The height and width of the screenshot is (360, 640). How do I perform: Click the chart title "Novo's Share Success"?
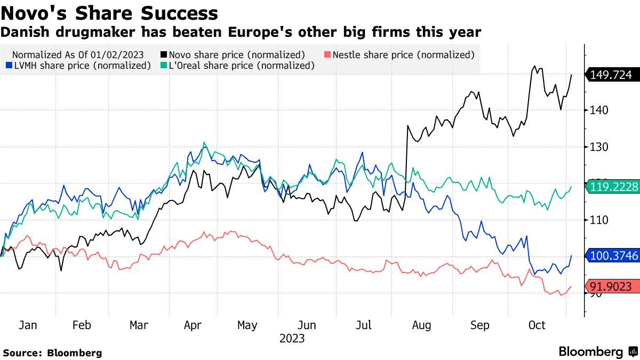pyautogui.click(x=109, y=13)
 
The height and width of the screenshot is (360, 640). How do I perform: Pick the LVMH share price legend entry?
pyautogui.click(x=79, y=65)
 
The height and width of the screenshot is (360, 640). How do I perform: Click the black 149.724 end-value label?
pyautogui.click(x=614, y=75)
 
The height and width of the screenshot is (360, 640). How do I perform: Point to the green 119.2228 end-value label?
pyautogui.click(x=614, y=187)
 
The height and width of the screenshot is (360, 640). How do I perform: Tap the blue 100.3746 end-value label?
pyautogui.click(x=614, y=256)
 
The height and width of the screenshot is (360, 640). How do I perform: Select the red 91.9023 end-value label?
pyautogui.click(x=614, y=286)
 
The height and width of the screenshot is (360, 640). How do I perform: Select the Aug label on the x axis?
pyautogui.click(x=421, y=325)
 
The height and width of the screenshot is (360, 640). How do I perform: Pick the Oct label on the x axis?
pyautogui.click(x=537, y=325)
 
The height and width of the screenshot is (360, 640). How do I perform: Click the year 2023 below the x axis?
pyautogui.click(x=292, y=339)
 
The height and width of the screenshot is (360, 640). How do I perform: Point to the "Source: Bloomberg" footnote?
pyautogui.click(x=52, y=353)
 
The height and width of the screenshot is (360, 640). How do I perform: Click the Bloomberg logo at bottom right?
pyautogui.click(x=598, y=352)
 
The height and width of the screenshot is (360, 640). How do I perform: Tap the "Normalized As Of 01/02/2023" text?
pyautogui.click(x=77, y=54)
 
